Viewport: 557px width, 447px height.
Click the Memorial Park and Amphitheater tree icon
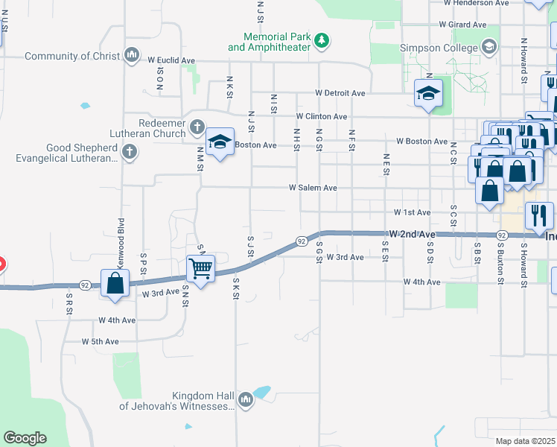click(x=322, y=39)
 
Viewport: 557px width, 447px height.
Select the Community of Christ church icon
click(x=132, y=54)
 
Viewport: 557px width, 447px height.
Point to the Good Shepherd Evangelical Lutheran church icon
click(x=130, y=153)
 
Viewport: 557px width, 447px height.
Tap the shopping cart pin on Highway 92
click(x=201, y=267)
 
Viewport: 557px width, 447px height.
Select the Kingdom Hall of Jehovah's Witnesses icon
click(x=246, y=401)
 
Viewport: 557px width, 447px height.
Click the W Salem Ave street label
click(x=313, y=188)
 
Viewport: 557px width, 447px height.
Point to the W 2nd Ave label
click(x=412, y=234)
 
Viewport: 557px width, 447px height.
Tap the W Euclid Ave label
click(x=171, y=60)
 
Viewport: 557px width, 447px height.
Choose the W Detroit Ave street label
click(x=340, y=93)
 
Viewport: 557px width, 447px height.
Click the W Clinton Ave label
click(x=321, y=117)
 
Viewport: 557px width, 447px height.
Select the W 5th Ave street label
click(x=101, y=341)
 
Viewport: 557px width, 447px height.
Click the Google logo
click(x=25, y=438)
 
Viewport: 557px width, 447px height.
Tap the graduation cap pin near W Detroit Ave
click(x=429, y=94)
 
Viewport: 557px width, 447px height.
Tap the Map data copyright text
click(x=525, y=441)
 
